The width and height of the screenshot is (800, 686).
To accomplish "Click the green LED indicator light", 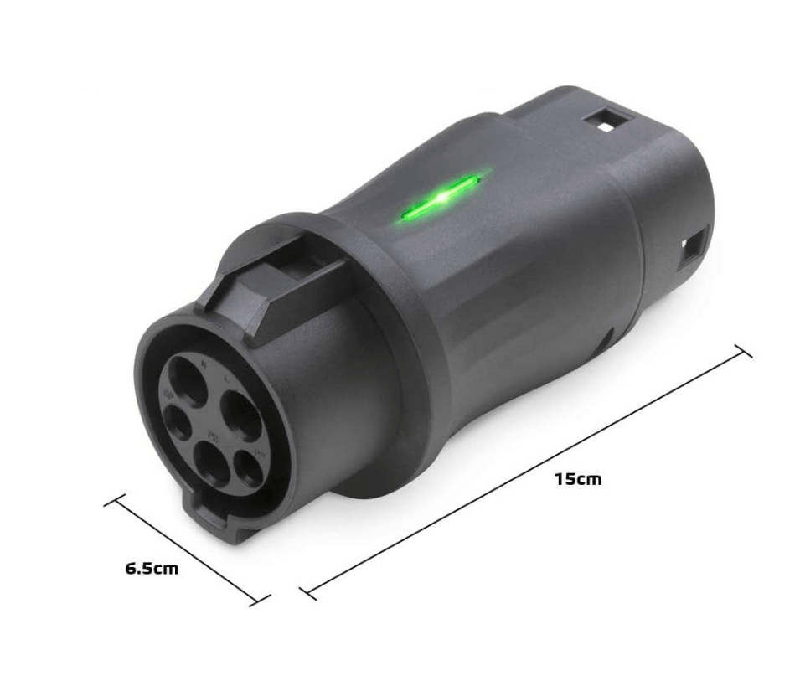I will [x=441, y=199].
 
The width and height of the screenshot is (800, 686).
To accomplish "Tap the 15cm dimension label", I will [x=577, y=479].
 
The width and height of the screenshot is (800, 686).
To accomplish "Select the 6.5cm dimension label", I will [x=152, y=568].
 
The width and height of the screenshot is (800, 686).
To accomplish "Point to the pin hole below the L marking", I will [x=240, y=413].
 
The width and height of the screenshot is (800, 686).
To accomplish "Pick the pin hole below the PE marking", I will [x=212, y=465].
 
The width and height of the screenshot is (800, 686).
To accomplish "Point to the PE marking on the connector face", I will [x=213, y=436].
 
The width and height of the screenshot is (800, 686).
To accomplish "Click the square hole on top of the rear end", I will [x=601, y=123].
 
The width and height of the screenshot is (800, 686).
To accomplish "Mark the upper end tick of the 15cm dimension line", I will [x=742, y=350].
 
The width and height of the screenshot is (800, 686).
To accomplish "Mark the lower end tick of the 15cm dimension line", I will [x=308, y=593].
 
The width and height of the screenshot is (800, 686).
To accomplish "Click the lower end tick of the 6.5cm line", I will [x=261, y=599].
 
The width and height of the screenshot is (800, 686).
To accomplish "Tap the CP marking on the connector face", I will [x=169, y=394].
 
